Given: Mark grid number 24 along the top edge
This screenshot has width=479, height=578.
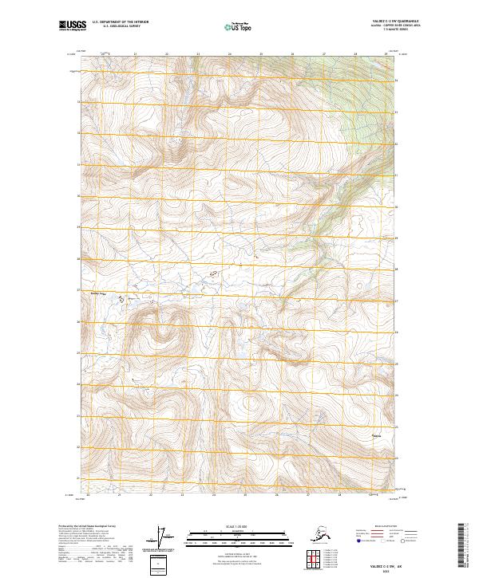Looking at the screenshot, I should point(229,54).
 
